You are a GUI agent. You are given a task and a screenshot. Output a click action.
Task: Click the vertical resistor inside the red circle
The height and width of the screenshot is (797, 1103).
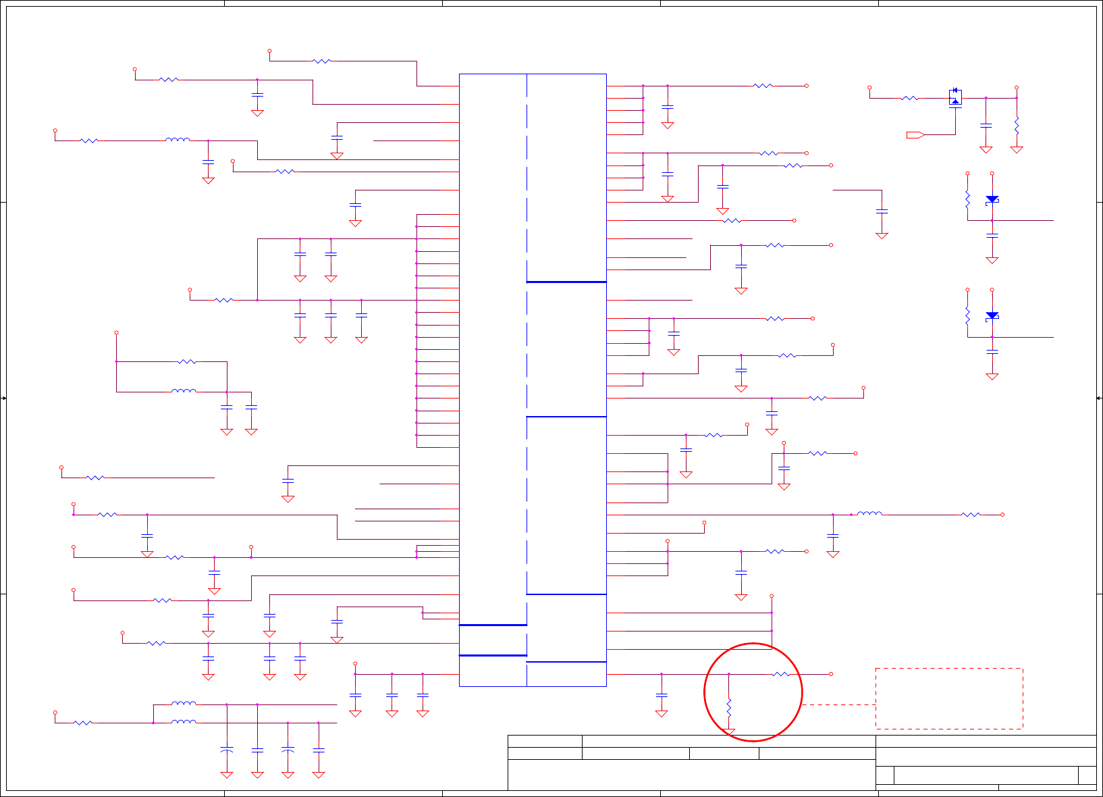tap(729, 708)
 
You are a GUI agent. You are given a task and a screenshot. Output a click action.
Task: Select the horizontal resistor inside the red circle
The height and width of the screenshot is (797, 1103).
tap(780, 674)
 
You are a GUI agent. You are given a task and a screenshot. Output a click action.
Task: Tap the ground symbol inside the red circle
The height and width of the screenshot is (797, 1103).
tap(729, 732)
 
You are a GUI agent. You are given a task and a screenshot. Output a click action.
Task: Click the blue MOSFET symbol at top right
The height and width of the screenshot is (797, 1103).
tap(955, 97)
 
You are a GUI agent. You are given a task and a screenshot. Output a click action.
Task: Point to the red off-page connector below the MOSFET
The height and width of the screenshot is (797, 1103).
tap(915, 135)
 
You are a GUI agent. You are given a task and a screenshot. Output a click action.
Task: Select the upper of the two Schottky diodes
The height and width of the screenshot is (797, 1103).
tap(992, 199)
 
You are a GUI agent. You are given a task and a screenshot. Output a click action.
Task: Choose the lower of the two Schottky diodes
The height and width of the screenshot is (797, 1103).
tap(992, 315)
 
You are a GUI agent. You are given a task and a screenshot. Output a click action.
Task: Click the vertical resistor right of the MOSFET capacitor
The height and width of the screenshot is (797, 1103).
tap(1017, 125)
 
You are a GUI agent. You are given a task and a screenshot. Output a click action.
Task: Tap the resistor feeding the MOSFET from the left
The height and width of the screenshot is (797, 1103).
tap(909, 98)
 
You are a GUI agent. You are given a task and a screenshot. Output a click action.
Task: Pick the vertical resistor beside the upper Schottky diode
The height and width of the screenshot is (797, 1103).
tap(967, 199)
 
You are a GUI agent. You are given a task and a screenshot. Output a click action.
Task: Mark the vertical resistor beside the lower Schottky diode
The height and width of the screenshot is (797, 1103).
tap(967, 315)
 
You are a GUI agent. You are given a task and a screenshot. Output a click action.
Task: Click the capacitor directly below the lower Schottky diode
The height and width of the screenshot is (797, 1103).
tap(992, 352)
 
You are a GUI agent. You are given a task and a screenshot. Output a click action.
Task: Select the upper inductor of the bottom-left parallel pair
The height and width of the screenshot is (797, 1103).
tap(184, 704)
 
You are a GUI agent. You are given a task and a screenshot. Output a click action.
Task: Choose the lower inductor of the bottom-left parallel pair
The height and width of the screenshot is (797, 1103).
tap(184, 722)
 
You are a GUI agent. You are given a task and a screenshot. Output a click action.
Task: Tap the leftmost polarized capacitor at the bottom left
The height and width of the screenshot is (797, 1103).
tap(227, 750)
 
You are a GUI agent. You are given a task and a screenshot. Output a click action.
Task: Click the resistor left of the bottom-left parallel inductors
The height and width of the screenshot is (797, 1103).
tap(83, 723)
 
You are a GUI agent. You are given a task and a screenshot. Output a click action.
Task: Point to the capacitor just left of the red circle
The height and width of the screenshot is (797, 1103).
tap(662, 695)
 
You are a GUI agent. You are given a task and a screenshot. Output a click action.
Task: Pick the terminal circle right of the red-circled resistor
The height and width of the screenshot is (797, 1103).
tap(831, 674)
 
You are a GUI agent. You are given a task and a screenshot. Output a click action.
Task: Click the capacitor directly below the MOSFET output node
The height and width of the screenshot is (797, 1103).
tap(986, 126)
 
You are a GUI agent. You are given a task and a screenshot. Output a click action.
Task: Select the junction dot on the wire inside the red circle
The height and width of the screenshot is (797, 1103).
tap(729, 674)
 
